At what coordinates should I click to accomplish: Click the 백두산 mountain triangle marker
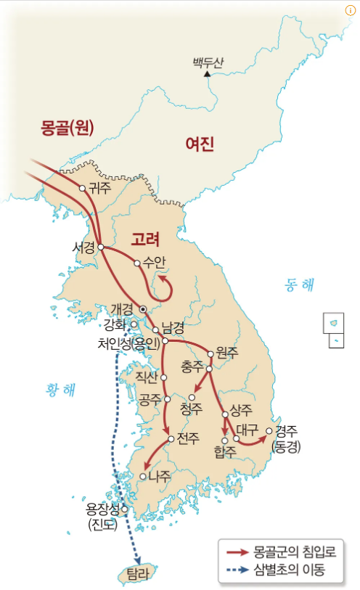tap(208, 73)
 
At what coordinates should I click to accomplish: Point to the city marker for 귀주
tap(83, 188)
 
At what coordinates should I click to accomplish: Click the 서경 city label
tap(83, 247)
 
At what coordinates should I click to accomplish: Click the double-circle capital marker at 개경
tap(143, 309)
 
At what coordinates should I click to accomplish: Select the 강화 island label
tap(115, 323)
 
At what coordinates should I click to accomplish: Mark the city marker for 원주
tap(211, 354)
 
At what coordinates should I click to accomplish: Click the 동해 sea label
tap(299, 285)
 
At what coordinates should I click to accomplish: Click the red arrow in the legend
tap(237, 552)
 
